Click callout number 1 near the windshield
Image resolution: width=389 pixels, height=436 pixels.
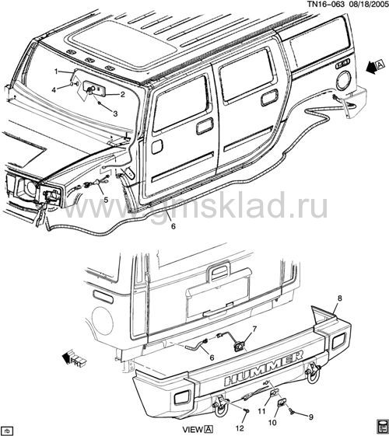[56, 72]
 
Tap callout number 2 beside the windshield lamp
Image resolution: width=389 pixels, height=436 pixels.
[122, 95]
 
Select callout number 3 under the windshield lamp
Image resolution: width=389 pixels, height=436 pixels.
[115, 113]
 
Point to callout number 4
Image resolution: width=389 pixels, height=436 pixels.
[54, 89]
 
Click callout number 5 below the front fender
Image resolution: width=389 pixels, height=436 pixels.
[106, 200]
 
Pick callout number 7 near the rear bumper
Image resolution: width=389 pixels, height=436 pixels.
[254, 329]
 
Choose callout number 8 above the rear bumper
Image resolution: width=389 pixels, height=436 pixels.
[339, 298]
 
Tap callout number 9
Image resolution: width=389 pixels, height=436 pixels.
[310, 417]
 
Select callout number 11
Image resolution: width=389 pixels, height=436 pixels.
[261, 410]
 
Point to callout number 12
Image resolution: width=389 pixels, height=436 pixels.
[240, 428]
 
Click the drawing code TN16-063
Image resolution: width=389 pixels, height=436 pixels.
[325, 4]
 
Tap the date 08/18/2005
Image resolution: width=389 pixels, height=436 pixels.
[368, 4]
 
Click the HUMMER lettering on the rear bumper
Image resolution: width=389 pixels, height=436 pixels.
[263, 368]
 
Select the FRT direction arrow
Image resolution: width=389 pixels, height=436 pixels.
[73, 359]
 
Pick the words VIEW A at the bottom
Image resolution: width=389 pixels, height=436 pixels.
[198, 429]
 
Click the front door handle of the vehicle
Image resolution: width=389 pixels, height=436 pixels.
[205, 126]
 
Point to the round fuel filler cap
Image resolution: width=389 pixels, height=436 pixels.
[344, 81]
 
